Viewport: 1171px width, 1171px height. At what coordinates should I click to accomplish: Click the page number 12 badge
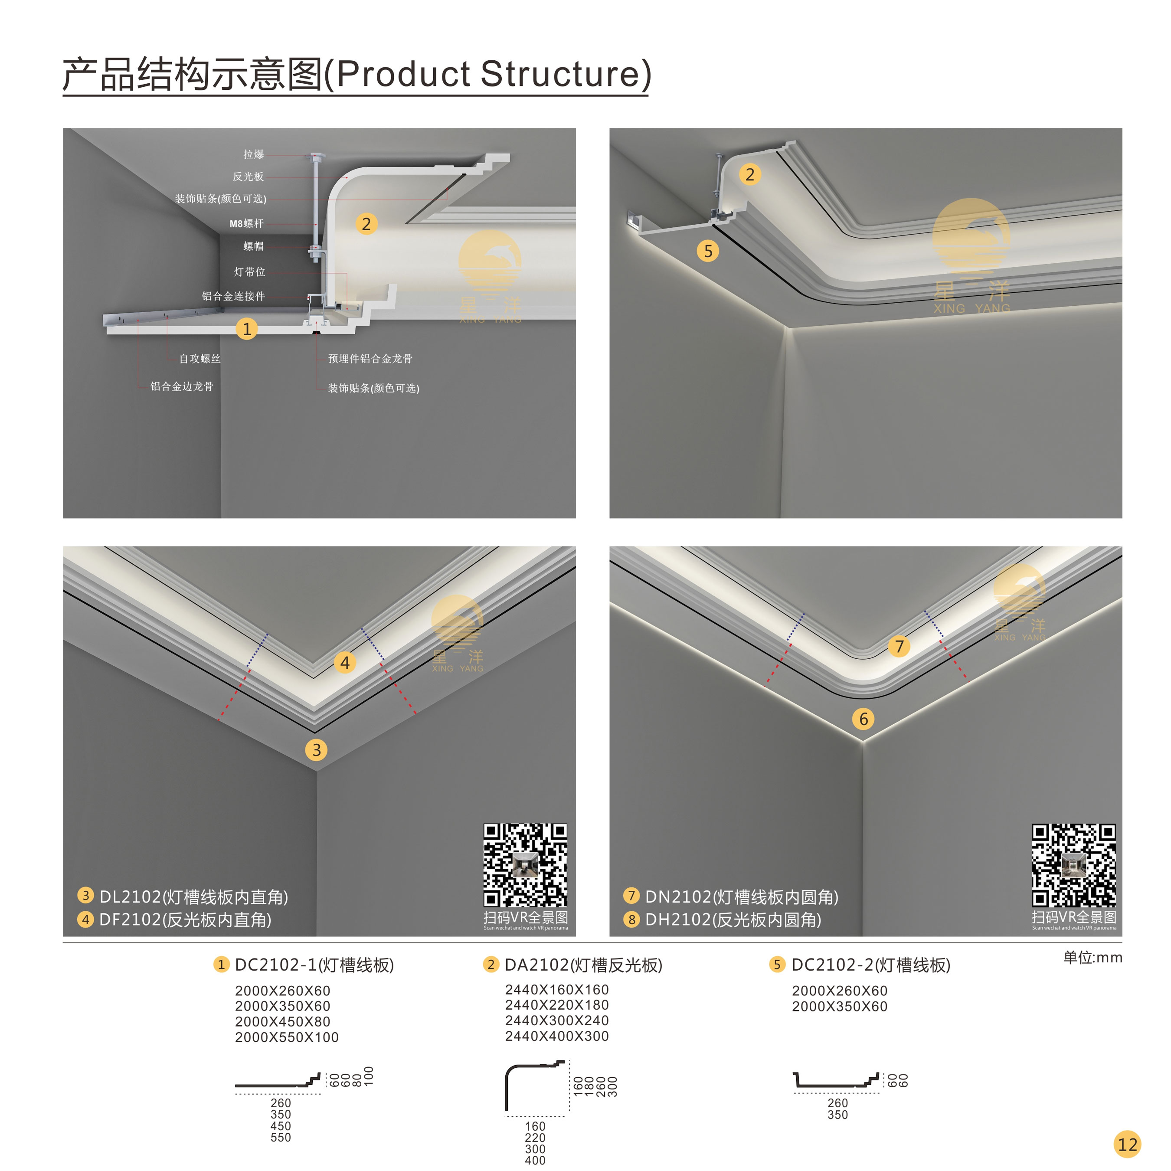(1127, 1145)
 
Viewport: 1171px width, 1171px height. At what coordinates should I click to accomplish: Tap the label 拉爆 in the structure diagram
(253, 154)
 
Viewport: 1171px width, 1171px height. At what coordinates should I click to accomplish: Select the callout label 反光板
(248, 177)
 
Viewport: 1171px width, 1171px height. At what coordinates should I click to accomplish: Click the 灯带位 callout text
(250, 272)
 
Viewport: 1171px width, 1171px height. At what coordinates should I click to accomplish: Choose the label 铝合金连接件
(233, 296)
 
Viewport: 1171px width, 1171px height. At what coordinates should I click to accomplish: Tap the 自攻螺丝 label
(200, 359)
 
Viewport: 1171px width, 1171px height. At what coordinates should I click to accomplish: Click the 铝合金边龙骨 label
(182, 386)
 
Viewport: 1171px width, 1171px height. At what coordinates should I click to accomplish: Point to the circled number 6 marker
(864, 719)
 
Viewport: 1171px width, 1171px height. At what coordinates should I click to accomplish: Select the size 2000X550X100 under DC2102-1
(287, 1037)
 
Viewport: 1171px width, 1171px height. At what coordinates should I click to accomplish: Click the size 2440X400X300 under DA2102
(557, 1036)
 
